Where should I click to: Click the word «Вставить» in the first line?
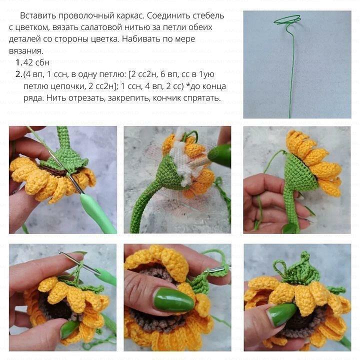pyautogui.click(x=38, y=15)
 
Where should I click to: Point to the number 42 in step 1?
pyautogui.click(x=28, y=62)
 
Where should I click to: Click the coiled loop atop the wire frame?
pyautogui.click(x=287, y=19)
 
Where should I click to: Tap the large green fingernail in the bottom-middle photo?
pyautogui.click(x=174, y=299)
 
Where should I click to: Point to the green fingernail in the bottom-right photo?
pyautogui.click(x=281, y=314)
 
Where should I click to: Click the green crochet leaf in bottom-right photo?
pyautogui.click(x=298, y=270)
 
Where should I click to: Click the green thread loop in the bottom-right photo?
pyautogui.click(x=280, y=267)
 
